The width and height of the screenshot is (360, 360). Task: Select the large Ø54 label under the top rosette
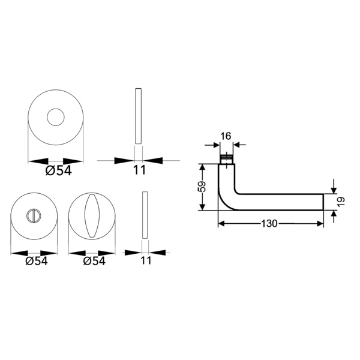(58, 170)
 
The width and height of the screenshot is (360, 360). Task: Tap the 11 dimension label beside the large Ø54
(139, 170)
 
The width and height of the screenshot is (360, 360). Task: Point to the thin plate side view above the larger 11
(139, 116)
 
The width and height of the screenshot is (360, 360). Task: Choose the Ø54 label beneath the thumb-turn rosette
(95, 261)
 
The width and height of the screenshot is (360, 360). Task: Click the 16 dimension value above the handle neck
(226, 136)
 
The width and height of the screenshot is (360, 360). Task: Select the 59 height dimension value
(202, 187)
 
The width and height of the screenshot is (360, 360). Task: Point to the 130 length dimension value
(269, 223)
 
